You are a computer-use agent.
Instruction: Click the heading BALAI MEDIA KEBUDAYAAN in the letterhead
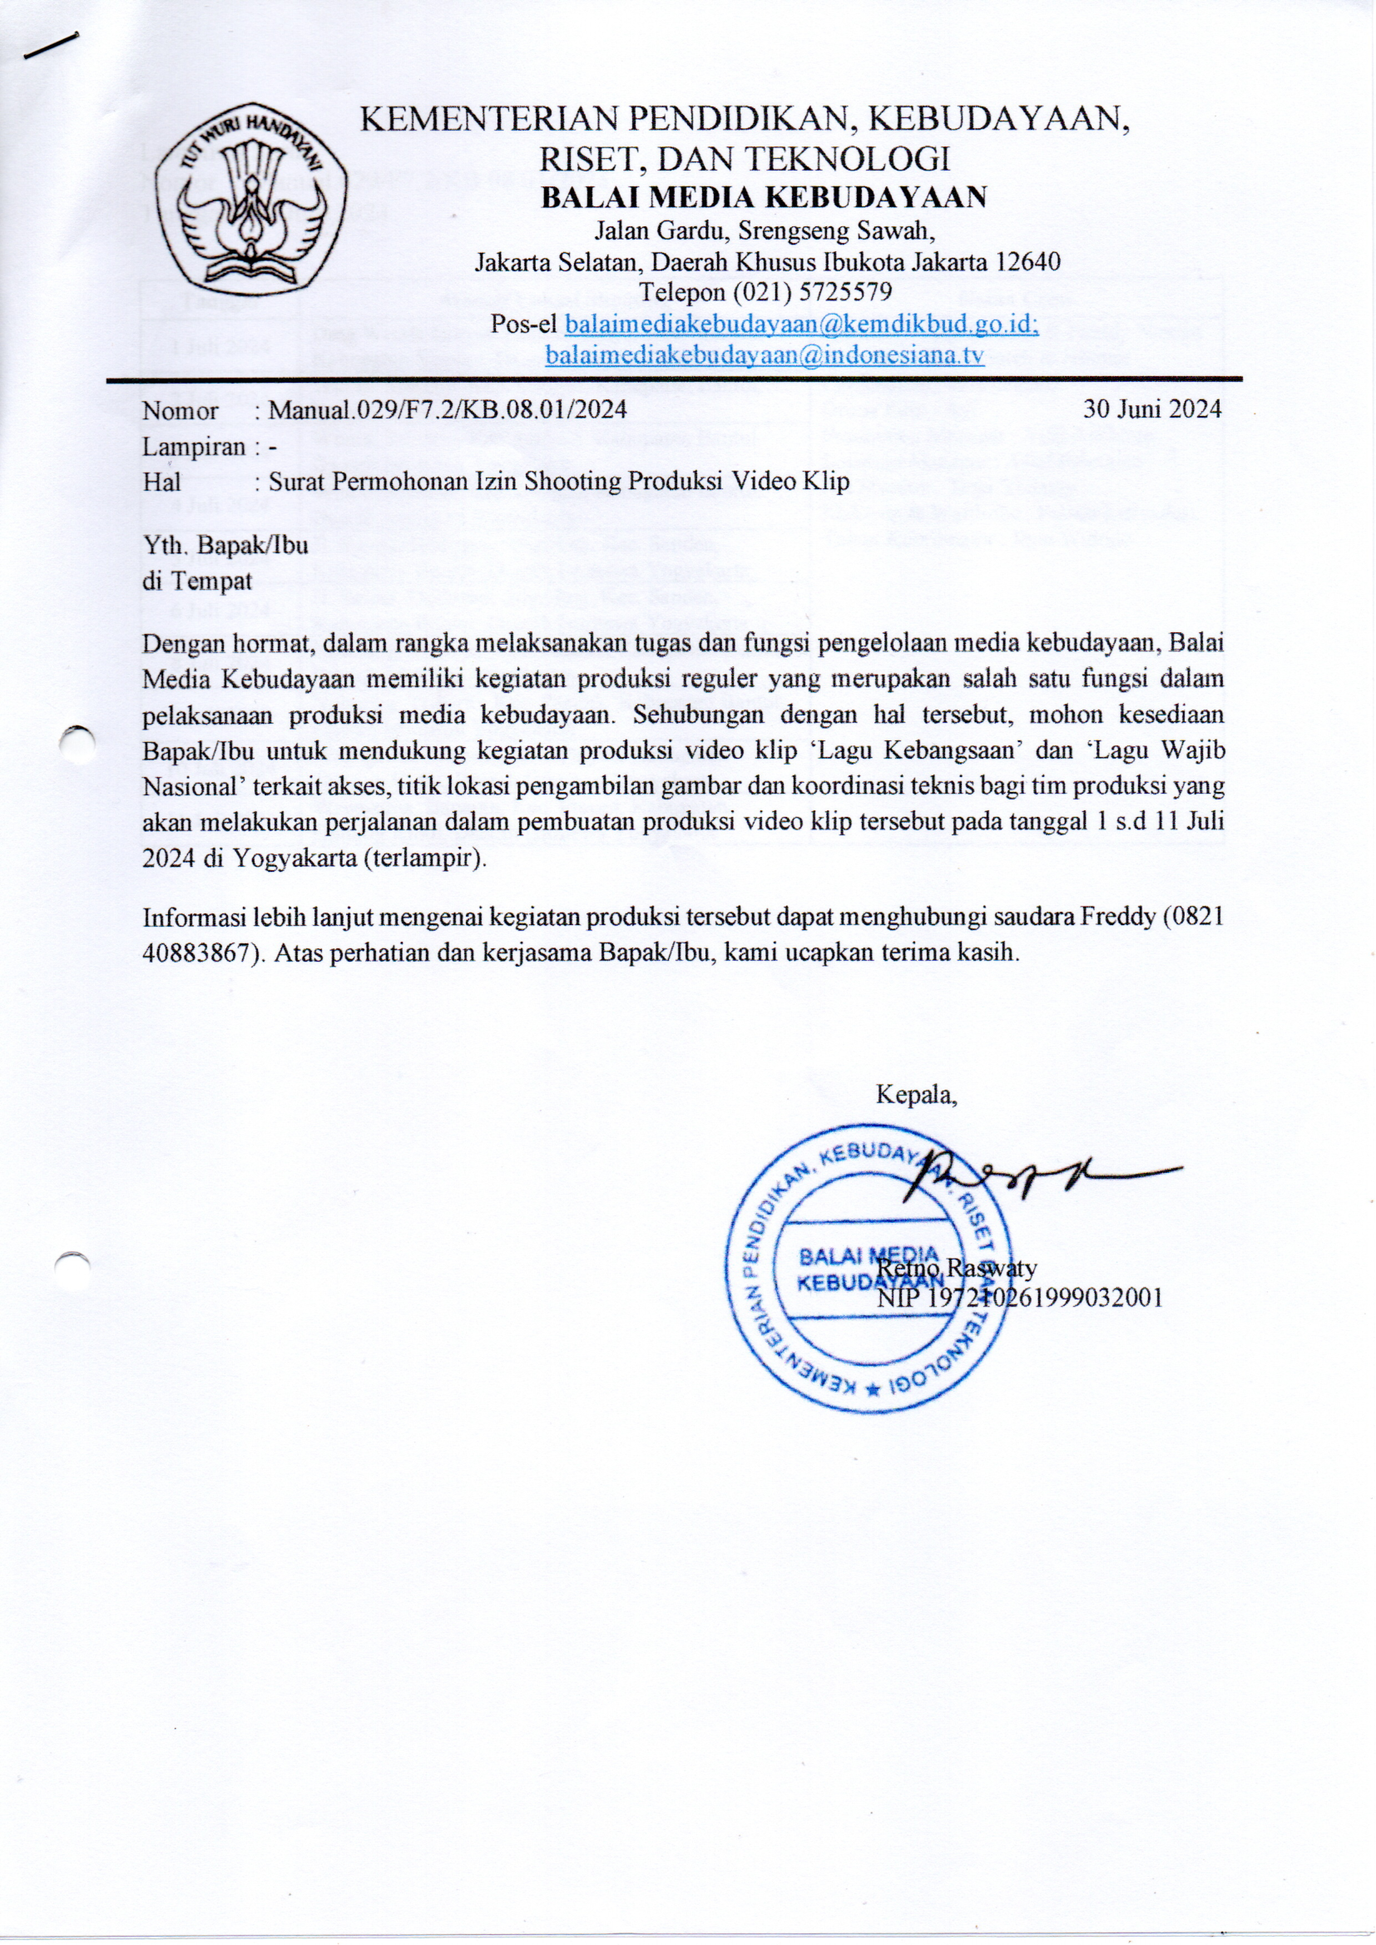click(764, 196)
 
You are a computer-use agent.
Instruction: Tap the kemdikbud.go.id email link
click(800, 324)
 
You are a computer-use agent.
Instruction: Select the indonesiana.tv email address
click(764, 355)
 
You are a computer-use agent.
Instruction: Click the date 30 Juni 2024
click(1152, 410)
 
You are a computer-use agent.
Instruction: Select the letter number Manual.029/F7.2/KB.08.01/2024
click(448, 410)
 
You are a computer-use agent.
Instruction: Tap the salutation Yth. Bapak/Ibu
click(225, 545)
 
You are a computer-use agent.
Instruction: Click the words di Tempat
click(196, 582)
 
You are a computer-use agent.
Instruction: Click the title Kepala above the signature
click(916, 1096)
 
